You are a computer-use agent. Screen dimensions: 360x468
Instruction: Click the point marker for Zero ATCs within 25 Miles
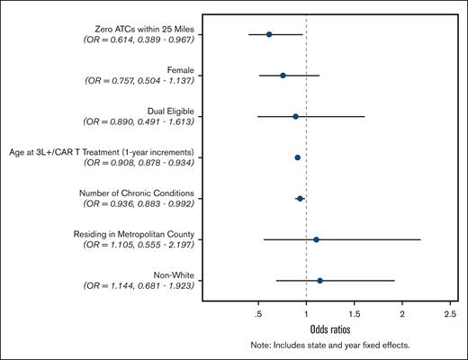coord(269,34)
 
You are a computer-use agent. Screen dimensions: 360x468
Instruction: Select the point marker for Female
coord(283,76)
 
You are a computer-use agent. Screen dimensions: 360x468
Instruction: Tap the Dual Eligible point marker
coord(295,116)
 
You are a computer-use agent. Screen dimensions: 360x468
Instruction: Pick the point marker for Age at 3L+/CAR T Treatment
coord(297,157)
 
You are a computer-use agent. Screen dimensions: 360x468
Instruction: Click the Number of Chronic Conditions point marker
coord(300,198)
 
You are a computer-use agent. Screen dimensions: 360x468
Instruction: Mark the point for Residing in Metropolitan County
coord(316,239)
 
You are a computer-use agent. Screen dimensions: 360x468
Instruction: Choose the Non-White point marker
coord(319,281)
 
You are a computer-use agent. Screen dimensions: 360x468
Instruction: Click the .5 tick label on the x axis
coord(258,314)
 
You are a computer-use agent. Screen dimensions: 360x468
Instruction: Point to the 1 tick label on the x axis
coord(306,314)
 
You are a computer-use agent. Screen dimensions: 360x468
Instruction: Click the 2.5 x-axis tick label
coord(450,314)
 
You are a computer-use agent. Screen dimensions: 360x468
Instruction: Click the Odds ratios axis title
coord(331,329)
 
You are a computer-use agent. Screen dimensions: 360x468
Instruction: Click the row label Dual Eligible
coord(167,111)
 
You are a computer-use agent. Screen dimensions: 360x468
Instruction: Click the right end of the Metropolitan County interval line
coord(420,239)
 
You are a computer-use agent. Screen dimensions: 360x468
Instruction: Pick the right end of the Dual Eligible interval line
coord(364,116)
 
